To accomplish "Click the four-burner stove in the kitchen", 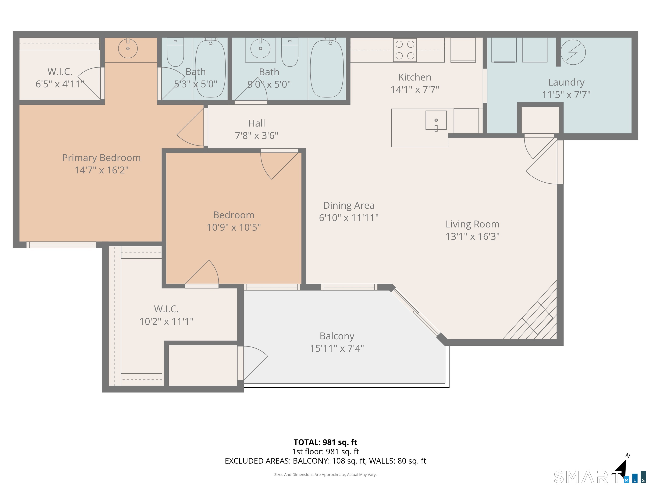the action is [405, 50].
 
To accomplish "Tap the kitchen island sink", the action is [436, 120].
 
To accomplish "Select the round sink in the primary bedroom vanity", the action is [128, 49].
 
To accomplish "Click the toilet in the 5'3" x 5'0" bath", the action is [175, 52].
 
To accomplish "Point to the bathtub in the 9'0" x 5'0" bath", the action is [327, 68].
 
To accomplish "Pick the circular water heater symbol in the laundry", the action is [573, 52].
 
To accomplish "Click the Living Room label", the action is [472, 224].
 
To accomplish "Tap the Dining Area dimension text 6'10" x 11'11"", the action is [349, 218].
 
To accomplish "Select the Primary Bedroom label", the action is [101, 158].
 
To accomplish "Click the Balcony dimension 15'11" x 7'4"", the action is [337, 348].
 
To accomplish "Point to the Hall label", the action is [256, 123].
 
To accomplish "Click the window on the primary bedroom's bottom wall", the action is [61, 245].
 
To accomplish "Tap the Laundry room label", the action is [566, 82].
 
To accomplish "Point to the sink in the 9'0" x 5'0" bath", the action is [260, 49].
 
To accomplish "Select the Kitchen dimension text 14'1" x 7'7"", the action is [415, 89].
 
